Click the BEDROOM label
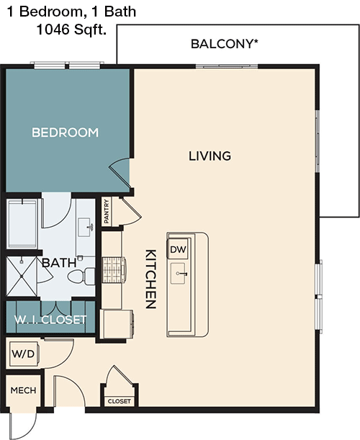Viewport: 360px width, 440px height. click(x=65, y=133)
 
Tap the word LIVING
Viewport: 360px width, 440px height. click(x=210, y=156)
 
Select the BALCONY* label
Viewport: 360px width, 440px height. click(x=225, y=44)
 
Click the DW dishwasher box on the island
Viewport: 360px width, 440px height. click(x=177, y=249)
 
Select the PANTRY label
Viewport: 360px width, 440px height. click(x=107, y=212)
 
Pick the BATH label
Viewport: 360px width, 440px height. click(x=59, y=263)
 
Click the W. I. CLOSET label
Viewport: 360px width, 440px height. click(x=50, y=319)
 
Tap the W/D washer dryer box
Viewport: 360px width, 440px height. click(x=21, y=354)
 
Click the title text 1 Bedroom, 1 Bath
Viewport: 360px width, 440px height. click(x=68, y=12)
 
